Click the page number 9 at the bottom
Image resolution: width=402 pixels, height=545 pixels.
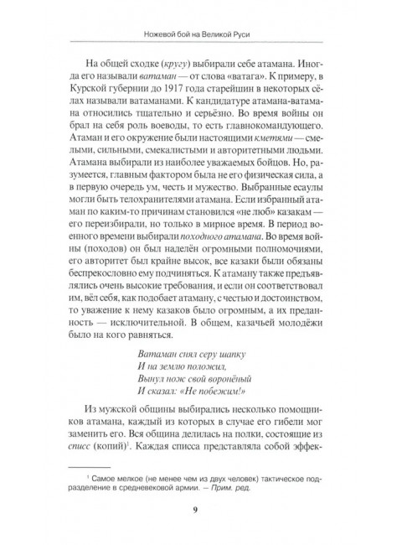point(195,513)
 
